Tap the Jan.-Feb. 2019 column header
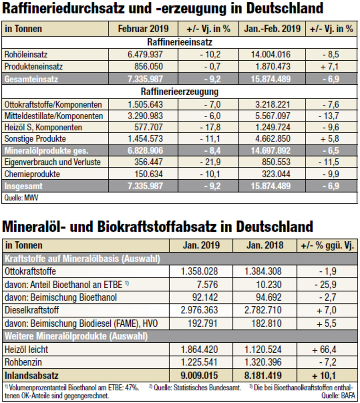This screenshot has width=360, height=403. click(x=272, y=29)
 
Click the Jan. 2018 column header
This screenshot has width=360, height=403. click(x=265, y=246)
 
